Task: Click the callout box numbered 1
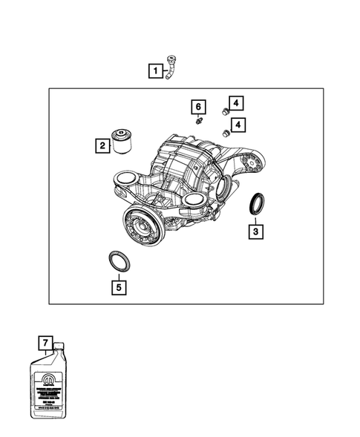[155, 71]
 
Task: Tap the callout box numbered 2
[101, 146]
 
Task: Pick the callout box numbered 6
[198, 105]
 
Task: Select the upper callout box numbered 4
[235, 105]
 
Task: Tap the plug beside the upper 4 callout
[223, 111]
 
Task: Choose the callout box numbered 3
[255, 232]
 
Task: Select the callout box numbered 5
[117, 284]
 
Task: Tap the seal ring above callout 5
[119, 260]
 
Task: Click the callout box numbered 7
[46, 342]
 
